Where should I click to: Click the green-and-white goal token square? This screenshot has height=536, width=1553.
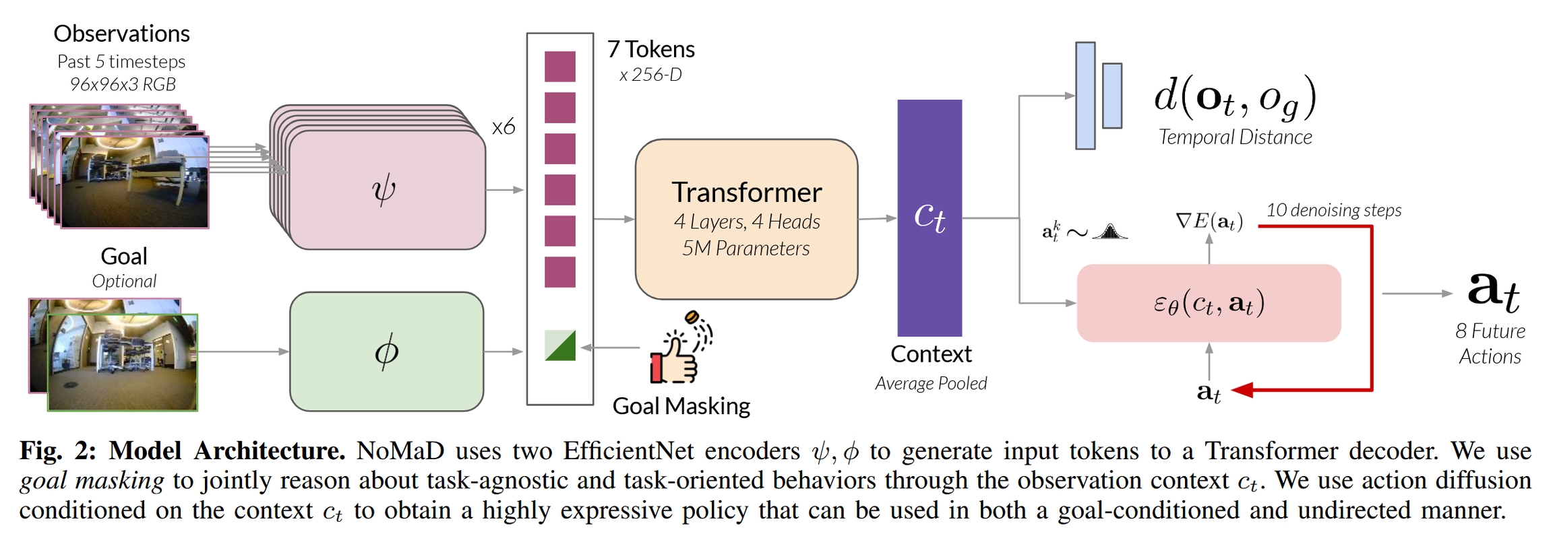pyautogui.click(x=560, y=345)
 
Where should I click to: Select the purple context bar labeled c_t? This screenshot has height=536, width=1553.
pyautogui.click(x=930, y=217)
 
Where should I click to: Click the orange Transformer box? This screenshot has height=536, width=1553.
pyautogui.click(x=746, y=219)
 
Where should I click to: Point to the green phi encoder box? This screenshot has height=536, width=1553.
pyautogui.click(x=386, y=351)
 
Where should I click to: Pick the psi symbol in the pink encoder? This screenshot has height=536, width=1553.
pyautogui.click(x=384, y=190)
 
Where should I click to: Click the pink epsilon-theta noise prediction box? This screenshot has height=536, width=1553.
pyautogui.click(x=1209, y=303)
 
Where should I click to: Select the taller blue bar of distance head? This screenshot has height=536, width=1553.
pyautogui.click(x=1085, y=96)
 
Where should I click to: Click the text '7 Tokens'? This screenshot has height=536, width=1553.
pyautogui.click(x=650, y=49)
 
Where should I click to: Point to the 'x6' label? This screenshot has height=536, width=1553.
pyautogui.click(x=504, y=127)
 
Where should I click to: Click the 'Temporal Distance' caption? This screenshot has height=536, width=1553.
pyautogui.click(x=1235, y=137)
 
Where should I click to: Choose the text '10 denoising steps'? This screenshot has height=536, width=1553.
pyautogui.click(x=1333, y=210)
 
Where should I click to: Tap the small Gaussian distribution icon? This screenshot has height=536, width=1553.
pyautogui.click(x=1109, y=232)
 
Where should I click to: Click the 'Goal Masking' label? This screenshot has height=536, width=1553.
pyautogui.click(x=681, y=406)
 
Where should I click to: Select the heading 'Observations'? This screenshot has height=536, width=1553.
pyautogui.click(x=121, y=34)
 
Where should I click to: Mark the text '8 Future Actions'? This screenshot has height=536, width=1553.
pyautogui.click(x=1490, y=343)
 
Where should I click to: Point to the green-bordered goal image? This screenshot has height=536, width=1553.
pyautogui.click(x=123, y=362)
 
